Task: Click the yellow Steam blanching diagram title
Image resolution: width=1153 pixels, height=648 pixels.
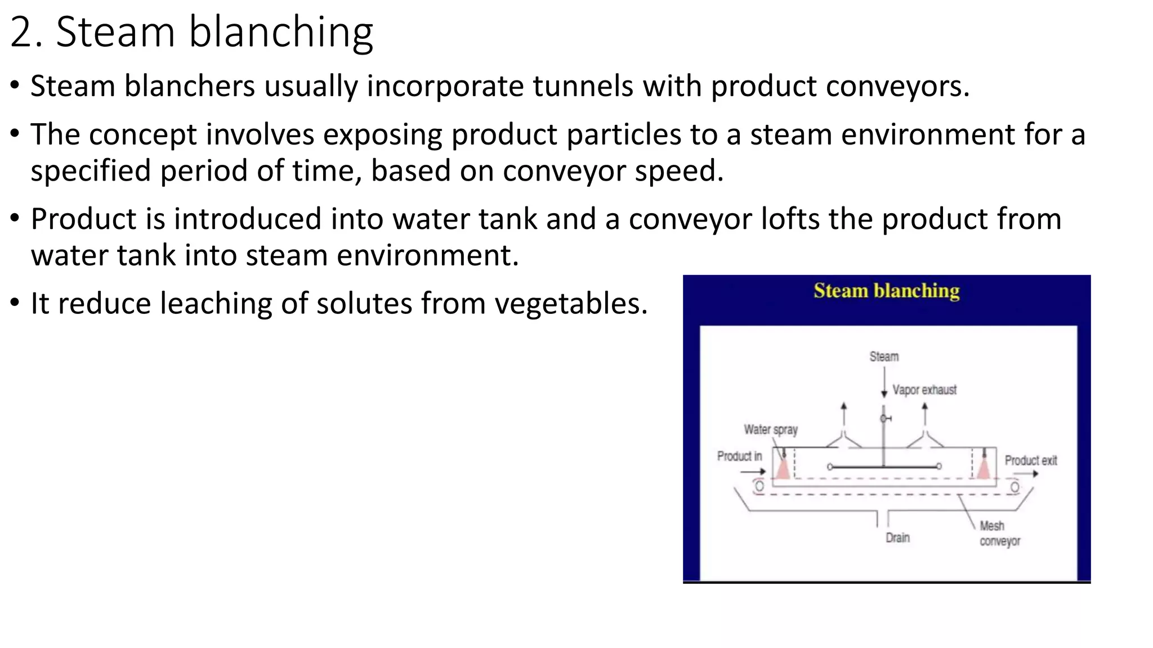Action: (886, 291)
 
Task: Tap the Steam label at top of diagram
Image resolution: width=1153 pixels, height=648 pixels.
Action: (884, 357)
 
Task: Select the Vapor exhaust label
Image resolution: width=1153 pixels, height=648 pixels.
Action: (924, 390)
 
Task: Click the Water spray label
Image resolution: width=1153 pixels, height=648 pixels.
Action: (771, 430)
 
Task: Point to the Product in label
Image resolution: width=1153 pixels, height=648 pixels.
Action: (739, 456)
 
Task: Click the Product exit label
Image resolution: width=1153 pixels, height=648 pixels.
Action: (1031, 461)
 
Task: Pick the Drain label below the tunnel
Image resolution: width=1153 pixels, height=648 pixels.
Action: (897, 538)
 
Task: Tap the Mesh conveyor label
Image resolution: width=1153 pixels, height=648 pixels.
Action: (999, 533)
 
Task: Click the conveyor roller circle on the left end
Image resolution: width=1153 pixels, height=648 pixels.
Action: (759, 486)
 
